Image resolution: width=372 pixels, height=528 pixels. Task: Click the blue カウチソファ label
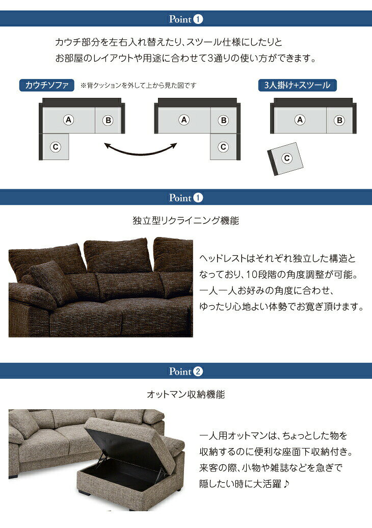(46, 85)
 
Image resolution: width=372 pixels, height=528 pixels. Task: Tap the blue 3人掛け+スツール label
(297, 85)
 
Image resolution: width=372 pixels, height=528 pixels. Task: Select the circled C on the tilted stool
(287, 158)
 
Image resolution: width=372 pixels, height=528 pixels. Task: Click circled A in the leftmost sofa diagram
(69, 120)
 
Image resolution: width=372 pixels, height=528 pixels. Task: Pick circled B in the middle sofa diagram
(223, 120)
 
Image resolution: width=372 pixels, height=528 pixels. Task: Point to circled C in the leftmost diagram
(56, 147)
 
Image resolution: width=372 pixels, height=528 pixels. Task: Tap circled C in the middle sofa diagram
(223, 147)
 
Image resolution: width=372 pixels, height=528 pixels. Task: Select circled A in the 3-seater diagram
(300, 120)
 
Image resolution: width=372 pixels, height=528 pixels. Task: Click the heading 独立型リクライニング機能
(186, 221)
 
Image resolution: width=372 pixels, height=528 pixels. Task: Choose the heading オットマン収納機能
(186, 394)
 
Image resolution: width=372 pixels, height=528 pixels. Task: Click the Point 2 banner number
(199, 371)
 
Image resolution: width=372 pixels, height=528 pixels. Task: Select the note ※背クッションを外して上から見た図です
(138, 86)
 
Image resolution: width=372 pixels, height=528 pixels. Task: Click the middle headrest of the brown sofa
(117, 255)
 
